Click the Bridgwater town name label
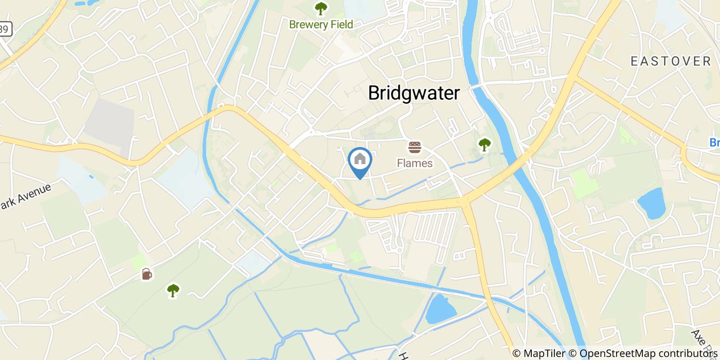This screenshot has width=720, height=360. pyautogui.click(x=413, y=93)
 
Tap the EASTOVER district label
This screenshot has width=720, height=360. pyautogui.click(x=671, y=61)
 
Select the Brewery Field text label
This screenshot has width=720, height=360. pyautogui.click(x=321, y=24)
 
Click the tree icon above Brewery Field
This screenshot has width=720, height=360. pyautogui.click(x=321, y=8)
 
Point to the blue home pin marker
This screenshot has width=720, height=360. pyautogui.click(x=360, y=160)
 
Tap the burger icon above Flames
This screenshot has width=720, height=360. pyautogui.click(x=415, y=148)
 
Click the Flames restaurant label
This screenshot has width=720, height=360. pyautogui.click(x=415, y=164)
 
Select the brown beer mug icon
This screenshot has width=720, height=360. pyautogui.click(x=147, y=274)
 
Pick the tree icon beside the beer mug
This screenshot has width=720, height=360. pyautogui.click(x=173, y=291)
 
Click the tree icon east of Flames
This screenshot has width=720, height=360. pyautogui.click(x=484, y=145)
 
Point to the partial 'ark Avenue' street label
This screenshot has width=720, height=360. pyautogui.click(x=26, y=196)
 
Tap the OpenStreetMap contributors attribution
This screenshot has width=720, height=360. pyautogui.click(x=648, y=353)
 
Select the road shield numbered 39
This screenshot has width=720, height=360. pyautogui.click(x=4, y=29)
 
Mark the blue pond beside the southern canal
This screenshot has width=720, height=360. pyautogui.click(x=441, y=309)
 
